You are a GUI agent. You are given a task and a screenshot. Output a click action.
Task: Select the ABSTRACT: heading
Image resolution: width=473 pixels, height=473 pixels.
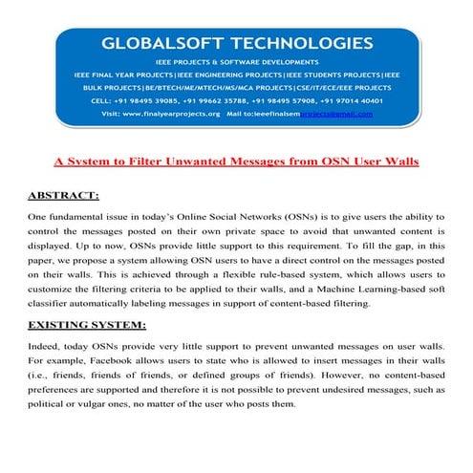click(64, 196)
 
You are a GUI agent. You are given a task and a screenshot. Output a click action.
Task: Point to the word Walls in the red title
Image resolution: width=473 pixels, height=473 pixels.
click(398, 161)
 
